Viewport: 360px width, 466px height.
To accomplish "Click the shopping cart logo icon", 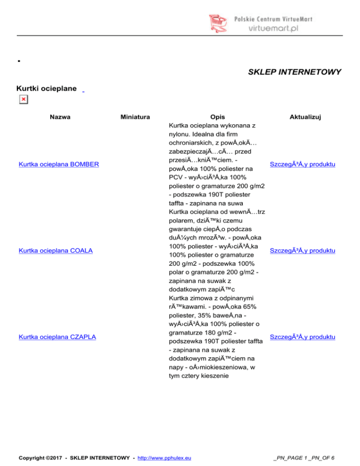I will (219, 23).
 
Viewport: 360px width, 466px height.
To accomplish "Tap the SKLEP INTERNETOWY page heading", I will (294, 72).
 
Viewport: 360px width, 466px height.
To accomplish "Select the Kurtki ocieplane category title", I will (46, 88).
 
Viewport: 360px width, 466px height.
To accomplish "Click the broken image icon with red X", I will (23, 99).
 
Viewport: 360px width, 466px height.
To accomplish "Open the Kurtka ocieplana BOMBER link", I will (58, 165).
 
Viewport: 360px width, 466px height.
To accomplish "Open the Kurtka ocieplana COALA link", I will (55, 251).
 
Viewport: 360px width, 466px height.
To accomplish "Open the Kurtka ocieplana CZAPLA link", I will (56, 338).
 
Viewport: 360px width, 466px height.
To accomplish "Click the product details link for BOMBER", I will (302, 165).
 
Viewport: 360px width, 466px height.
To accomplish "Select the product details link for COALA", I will (302, 251).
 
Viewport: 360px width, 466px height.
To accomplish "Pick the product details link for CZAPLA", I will (302, 338).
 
